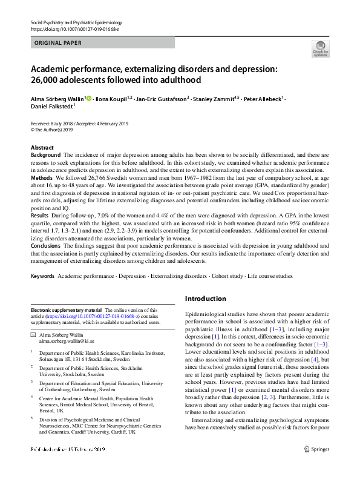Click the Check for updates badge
click(x=319, y=48)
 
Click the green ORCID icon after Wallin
click(x=88, y=97)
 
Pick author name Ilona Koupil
click(x=113, y=97)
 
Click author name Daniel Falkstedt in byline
click(x=51, y=107)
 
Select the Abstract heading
click(x=42, y=148)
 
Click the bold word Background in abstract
click(x=46, y=156)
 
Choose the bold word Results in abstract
click(x=41, y=215)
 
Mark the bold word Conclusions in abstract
click(x=46, y=246)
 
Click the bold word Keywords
click(x=43, y=276)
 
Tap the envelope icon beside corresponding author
click(x=33, y=334)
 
